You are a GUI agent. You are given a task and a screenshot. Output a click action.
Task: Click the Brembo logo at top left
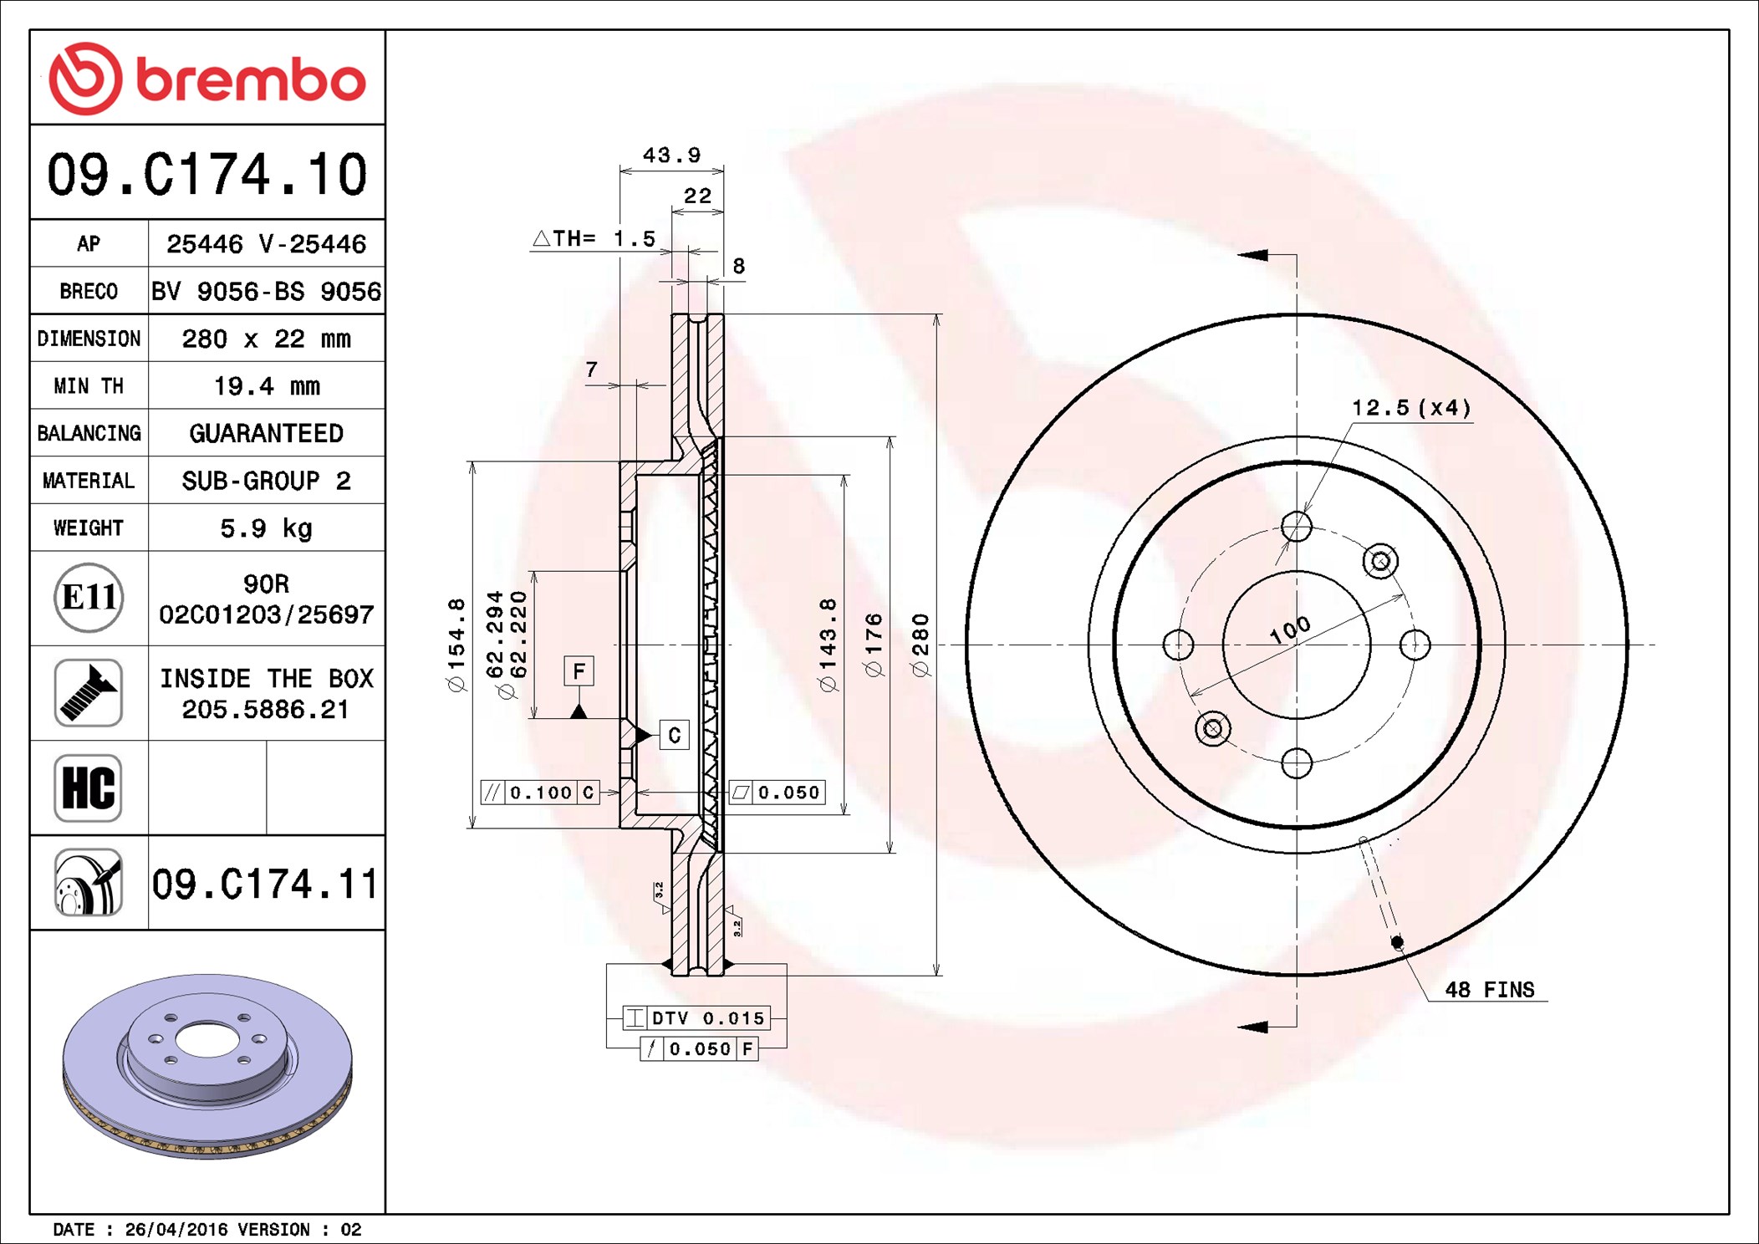click(x=207, y=79)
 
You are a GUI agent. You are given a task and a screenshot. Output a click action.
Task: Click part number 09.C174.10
click(x=207, y=174)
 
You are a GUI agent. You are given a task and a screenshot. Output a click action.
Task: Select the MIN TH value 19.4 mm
click(x=267, y=386)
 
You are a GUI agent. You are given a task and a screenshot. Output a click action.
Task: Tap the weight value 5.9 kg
click(x=267, y=528)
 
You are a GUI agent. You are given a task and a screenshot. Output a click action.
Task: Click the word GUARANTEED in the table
click(x=267, y=433)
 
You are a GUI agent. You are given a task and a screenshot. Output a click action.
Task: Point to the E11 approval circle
click(x=89, y=598)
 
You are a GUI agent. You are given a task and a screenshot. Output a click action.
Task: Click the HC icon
click(x=89, y=788)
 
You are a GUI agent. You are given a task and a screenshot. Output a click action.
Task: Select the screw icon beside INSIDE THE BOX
click(x=89, y=692)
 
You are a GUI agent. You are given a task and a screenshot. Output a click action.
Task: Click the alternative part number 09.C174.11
click(x=265, y=884)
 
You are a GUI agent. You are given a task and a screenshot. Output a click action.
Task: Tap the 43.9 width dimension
click(x=671, y=155)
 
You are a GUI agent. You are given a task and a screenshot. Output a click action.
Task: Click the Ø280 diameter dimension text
click(x=920, y=645)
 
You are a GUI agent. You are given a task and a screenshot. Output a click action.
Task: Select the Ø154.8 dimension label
click(x=456, y=645)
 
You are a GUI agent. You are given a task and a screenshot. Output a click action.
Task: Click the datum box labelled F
click(x=579, y=671)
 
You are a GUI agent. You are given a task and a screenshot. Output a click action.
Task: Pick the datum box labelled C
click(x=675, y=735)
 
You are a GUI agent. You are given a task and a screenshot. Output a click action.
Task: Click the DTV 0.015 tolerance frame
click(x=696, y=1017)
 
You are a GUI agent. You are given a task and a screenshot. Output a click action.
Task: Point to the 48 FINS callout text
click(x=1490, y=990)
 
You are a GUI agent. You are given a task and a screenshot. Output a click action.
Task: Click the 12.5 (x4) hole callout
click(x=1411, y=408)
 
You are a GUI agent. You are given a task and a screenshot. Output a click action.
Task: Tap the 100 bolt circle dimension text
click(x=1290, y=630)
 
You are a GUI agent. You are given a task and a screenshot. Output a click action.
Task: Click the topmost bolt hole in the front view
click(x=1297, y=527)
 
